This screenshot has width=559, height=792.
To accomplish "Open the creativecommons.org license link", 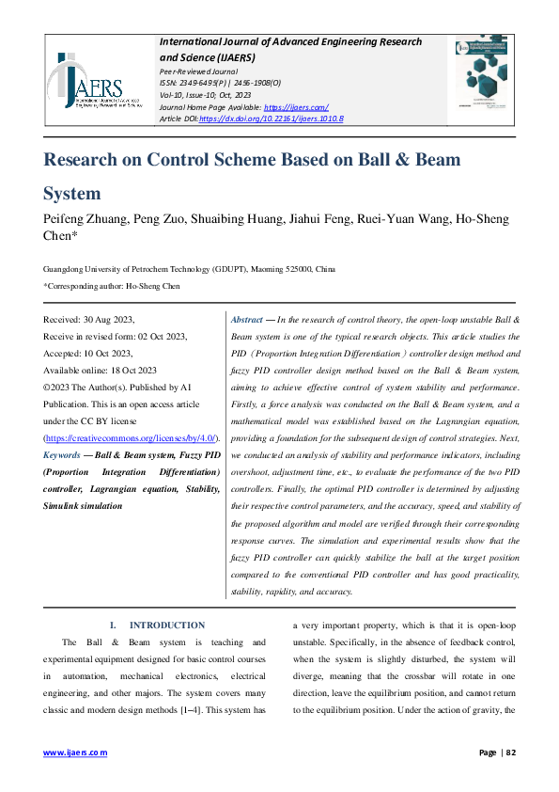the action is pyautogui.click(x=132, y=439).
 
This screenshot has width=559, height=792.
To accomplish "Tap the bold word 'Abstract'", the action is pyautogui.click(x=247, y=321).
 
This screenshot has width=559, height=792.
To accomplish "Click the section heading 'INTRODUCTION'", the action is pyautogui.click(x=166, y=626).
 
